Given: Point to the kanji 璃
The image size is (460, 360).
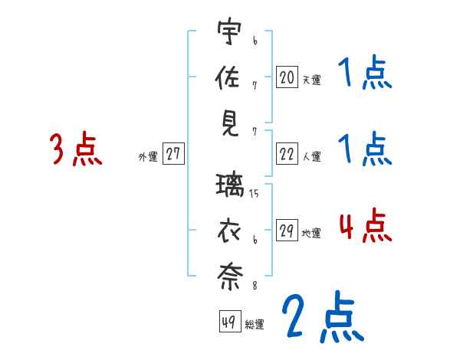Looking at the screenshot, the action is [228, 186].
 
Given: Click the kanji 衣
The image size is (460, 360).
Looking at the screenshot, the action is [228, 231].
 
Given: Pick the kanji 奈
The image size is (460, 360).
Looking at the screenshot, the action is [228, 276].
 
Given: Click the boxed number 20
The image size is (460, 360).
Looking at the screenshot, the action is [287, 77].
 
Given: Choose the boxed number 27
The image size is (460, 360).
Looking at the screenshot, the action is [173, 154].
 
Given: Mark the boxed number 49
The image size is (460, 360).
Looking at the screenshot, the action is [229, 322].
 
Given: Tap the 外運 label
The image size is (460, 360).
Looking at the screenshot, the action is [148, 157].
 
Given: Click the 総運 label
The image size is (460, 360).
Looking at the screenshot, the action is [255, 325].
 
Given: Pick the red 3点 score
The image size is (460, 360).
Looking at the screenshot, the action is [76, 149].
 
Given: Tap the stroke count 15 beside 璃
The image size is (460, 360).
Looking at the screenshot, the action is [254, 194].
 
